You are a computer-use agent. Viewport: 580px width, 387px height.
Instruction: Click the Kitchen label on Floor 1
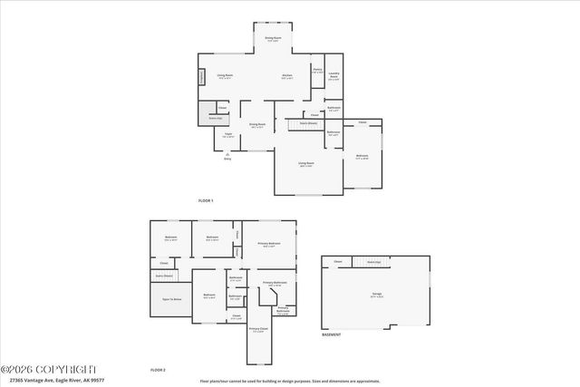(286, 75)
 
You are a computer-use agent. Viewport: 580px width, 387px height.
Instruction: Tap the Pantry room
(317, 71)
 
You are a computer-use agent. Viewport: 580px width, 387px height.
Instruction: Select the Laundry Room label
(333, 76)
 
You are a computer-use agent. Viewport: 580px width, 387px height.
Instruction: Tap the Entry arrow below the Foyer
(227, 155)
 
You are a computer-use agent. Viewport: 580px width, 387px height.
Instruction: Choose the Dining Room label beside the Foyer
(257, 124)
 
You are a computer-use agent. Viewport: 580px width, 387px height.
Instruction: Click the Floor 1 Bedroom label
(362, 156)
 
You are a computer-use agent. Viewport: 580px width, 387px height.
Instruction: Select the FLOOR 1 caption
(206, 199)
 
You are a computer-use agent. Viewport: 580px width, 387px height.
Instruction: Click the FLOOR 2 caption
(159, 370)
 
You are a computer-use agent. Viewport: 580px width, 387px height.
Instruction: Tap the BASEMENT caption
(332, 334)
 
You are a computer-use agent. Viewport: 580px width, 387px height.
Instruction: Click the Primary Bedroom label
(268, 244)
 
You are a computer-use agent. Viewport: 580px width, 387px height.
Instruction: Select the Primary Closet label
(257, 330)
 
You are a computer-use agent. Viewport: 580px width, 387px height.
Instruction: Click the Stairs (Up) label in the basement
(372, 262)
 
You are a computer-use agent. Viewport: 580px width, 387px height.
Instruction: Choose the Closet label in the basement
(338, 262)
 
